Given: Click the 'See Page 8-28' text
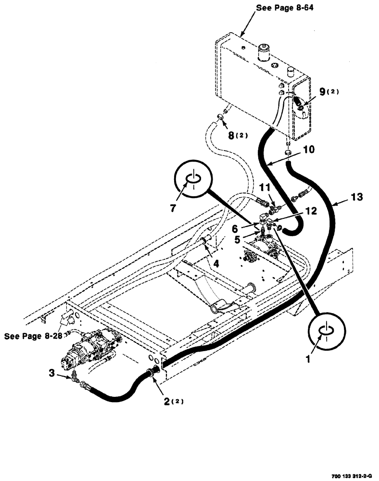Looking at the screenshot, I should tap(33, 336).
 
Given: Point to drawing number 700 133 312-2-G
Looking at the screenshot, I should tap(351, 476).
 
